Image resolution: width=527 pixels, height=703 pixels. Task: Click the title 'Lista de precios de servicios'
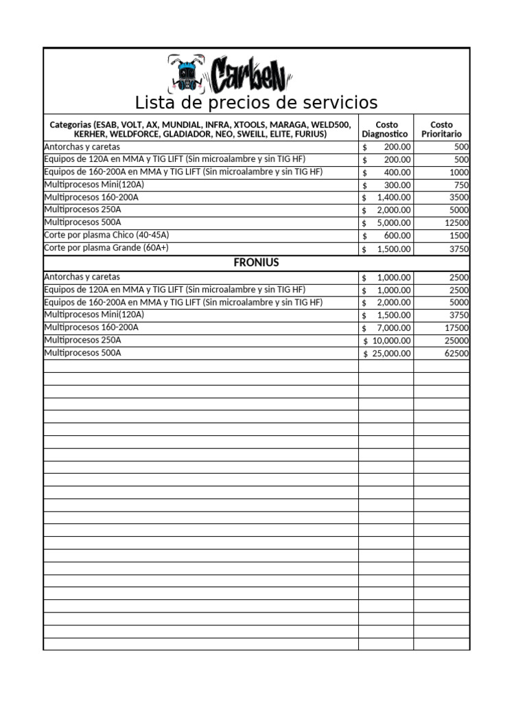point(256,103)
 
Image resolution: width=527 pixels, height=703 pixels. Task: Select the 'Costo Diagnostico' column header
point(385,129)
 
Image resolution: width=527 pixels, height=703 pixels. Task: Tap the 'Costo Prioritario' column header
point(441,129)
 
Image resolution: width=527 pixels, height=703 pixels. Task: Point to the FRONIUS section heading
point(256,263)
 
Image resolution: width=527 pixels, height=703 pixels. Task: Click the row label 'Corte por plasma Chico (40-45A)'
point(106,235)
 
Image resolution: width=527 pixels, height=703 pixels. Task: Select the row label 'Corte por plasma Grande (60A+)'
point(106,248)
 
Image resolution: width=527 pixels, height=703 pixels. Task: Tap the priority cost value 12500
point(456,223)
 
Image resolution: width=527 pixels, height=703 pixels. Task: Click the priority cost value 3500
point(458,198)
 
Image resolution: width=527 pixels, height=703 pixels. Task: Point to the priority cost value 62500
point(456,354)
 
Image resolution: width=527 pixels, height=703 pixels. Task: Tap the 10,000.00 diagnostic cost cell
point(392,341)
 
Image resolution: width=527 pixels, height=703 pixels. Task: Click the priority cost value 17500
point(456,328)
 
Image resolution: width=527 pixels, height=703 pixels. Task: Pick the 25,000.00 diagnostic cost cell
point(392,354)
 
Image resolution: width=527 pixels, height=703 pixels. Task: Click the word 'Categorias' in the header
point(71,125)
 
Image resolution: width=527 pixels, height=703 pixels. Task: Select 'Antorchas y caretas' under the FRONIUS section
point(82,277)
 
